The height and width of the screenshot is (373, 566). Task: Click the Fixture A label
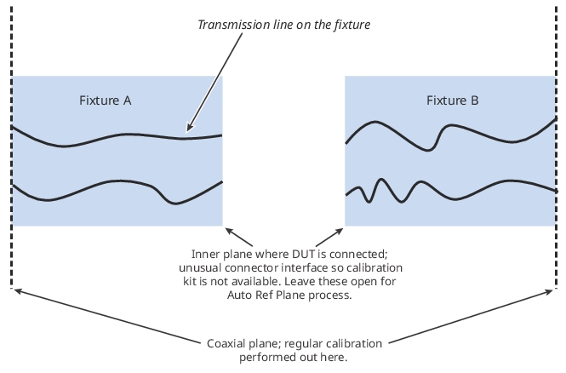105,100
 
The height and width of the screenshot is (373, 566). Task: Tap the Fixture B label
452,100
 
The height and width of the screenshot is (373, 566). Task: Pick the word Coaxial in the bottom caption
226,344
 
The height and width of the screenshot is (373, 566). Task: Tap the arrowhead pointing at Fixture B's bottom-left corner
338,230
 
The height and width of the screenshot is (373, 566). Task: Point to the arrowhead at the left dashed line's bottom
17,291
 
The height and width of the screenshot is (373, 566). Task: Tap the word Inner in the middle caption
206,254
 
